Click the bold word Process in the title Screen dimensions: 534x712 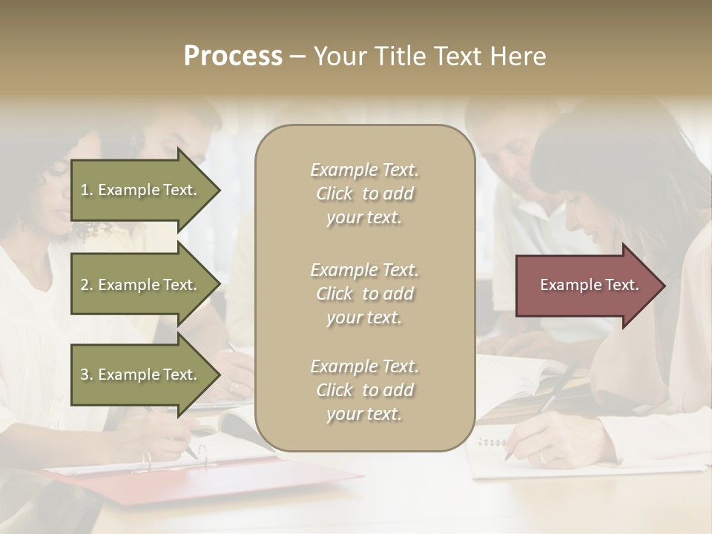coord(233,56)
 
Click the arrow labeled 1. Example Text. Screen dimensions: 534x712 coord(141,190)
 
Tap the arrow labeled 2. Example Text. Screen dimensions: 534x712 coord(141,285)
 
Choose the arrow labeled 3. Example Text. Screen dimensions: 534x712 coord(141,375)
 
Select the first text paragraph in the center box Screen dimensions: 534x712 coord(364,194)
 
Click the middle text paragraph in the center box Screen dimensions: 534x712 coord(364,294)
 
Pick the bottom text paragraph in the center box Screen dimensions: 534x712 coord(364,390)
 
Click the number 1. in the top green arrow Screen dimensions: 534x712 coord(87,190)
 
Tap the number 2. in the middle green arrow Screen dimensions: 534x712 coord(87,285)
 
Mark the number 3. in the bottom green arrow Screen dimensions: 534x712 coord(87,375)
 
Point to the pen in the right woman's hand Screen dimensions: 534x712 coord(519,449)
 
